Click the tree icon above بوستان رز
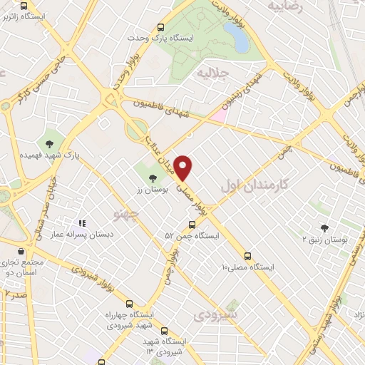pos(151,176)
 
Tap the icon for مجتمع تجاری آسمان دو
pos(20,250)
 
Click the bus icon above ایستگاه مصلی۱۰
pos(247,255)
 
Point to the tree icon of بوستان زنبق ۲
pos(324,228)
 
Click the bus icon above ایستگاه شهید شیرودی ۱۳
pos(165,331)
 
